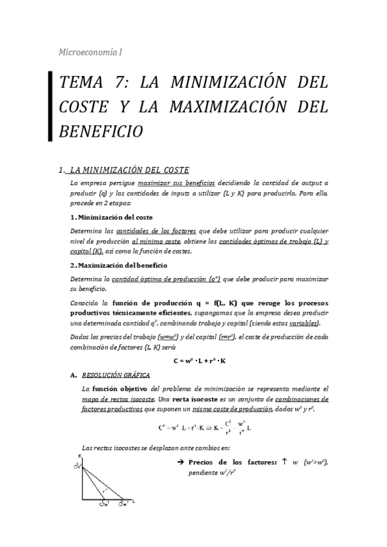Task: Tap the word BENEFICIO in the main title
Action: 100,131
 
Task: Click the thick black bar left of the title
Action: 50,106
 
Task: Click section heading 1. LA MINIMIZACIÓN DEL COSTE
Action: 124,170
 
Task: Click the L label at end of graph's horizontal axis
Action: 134,500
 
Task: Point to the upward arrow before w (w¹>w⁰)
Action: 284,461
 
